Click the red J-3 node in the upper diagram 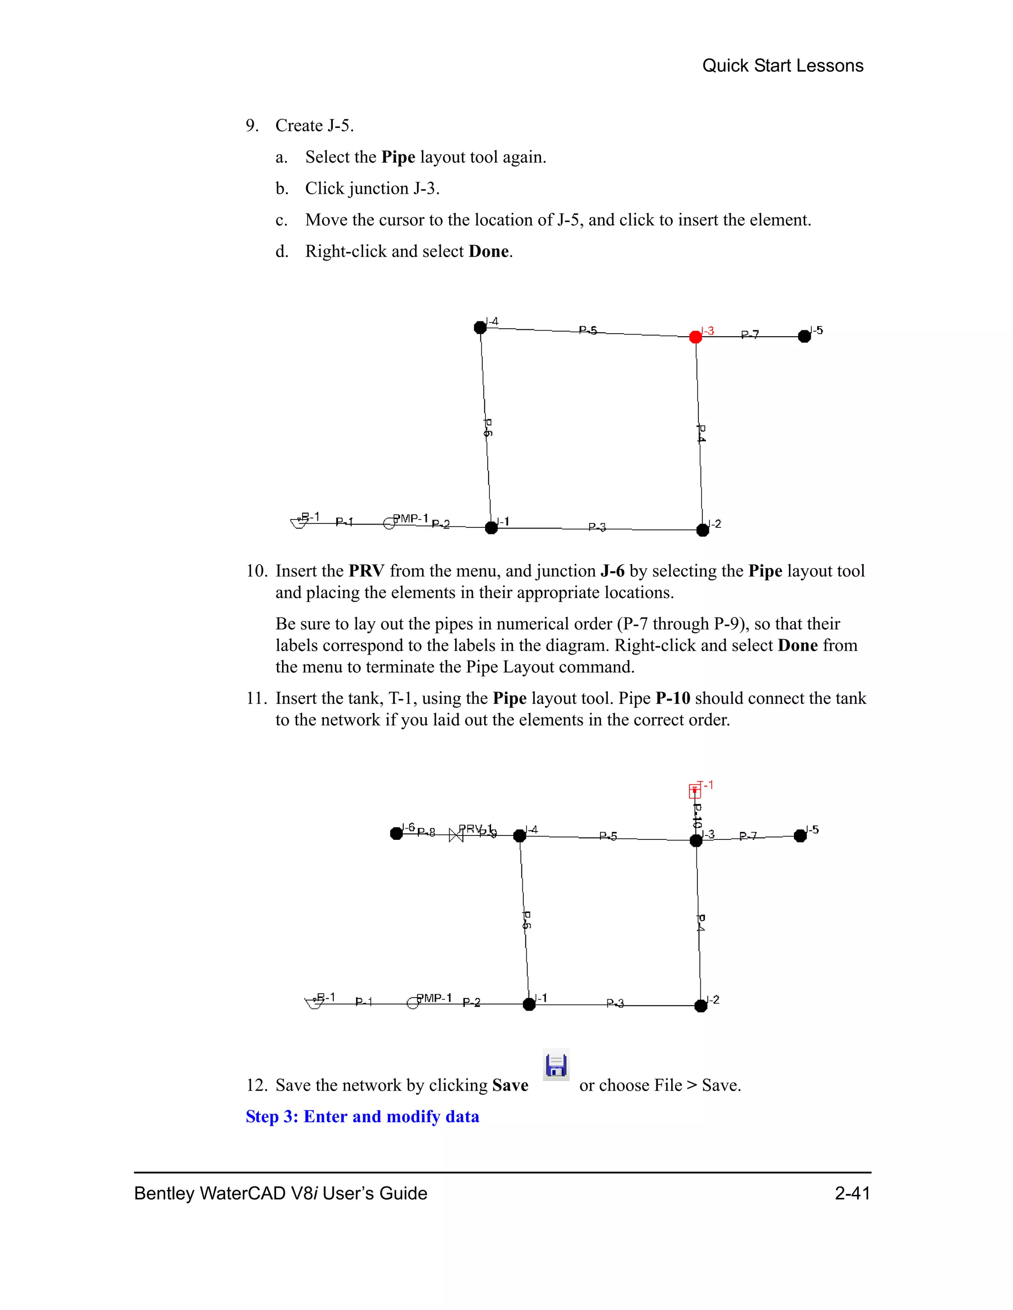coord(695,337)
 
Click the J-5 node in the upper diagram coord(804,337)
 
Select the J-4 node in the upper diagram coord(480,327)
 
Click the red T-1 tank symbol coord(694,791)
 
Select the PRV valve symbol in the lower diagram coord(456,834)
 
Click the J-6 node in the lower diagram coord(396,833)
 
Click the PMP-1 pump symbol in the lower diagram coord(413,1003)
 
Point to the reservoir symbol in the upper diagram coord(299,523)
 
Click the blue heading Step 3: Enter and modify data coord(362,1116)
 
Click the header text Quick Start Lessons coord(783,65)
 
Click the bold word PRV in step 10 coord(366,571)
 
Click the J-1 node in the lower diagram coord(529,1004)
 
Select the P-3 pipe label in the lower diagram coord(615,1003)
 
